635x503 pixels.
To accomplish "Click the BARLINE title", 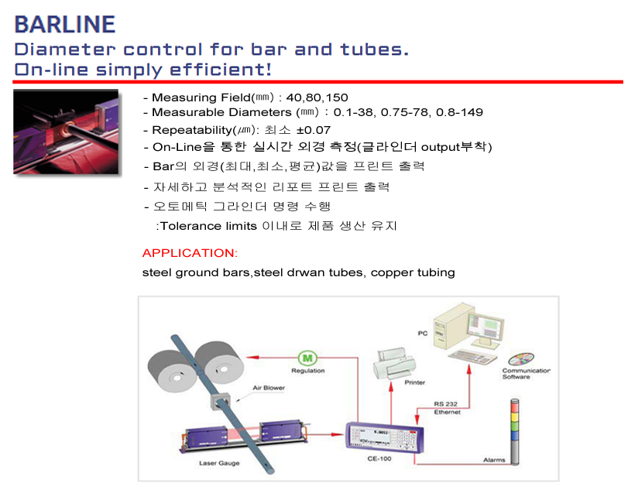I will point(65,23).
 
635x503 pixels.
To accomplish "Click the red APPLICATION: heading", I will point(190,253).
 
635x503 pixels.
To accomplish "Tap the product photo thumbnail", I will point(66,132).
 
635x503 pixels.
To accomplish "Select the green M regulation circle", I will point(307,358).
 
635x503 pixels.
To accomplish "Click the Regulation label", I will point(307,371).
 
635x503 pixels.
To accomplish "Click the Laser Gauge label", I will point(218,463).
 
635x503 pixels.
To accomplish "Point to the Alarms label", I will point(493,460).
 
